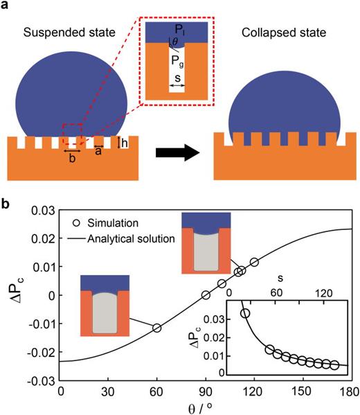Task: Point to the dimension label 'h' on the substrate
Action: [125, 143]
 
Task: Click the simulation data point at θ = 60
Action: [157, 328]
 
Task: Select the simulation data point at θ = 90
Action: [206, 295]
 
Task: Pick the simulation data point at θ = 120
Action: [254, 262]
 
